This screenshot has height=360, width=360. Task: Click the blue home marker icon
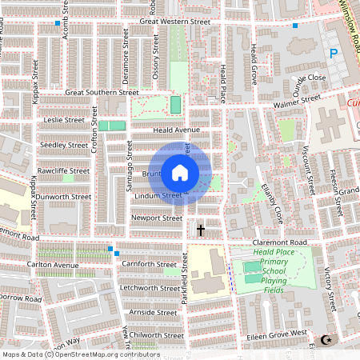coord(180,173)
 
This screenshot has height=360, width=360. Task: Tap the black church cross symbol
coord(200,230)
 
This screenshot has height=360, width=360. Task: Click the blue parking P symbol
coord(334,54)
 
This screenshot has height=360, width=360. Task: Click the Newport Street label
coord(158,218)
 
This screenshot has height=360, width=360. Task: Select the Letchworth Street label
coord(150,288)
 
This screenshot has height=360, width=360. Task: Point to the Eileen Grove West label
coord(276,333)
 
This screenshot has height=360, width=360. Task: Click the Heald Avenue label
coord(176,130)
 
